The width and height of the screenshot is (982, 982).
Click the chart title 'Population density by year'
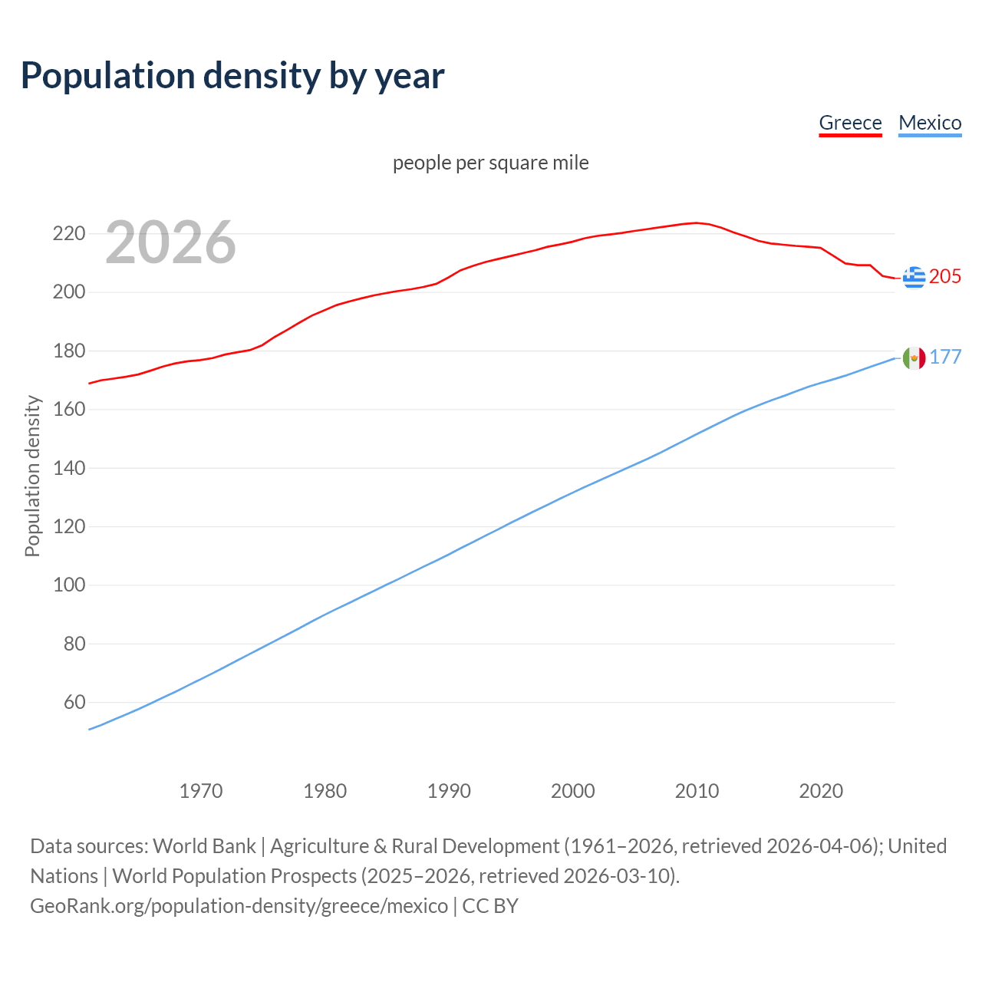pos(232,76)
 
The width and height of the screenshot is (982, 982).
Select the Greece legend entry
pos(850,123)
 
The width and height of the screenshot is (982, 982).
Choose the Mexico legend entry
pos(930,123)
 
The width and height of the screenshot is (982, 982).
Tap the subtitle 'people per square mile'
pos(490,163)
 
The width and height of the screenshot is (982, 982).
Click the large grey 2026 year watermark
pos(170,242)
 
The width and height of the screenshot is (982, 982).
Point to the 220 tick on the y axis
pos(68,233)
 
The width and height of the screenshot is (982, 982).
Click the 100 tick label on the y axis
pos(68,585)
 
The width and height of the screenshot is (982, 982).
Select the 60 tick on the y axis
pos(74,702)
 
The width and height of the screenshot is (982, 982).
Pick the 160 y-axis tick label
pos(68,409)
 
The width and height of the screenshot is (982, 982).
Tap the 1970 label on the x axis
pos(201,790)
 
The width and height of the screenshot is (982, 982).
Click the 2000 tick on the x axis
pos(572,790)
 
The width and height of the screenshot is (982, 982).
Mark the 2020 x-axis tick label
pos(821,790)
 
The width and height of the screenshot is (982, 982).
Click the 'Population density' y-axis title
pos(32,476)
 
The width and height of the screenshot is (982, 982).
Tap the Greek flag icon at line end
pos(914,277)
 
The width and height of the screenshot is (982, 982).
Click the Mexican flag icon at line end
pos(914,358)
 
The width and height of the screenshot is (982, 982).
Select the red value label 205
pos(944,276)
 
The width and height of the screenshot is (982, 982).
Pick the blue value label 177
pos(945,357)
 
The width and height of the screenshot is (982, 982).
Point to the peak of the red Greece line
pos(696,222)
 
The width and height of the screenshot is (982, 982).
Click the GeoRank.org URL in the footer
pos(239,905)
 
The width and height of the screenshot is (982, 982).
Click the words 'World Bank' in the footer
pos(204,845)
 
